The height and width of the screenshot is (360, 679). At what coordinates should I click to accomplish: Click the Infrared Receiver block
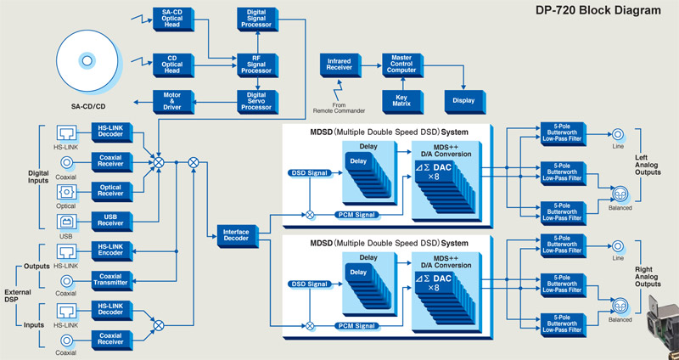click(x=339, y=63)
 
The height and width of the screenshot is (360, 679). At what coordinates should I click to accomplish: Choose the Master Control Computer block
click(x=401, y=63)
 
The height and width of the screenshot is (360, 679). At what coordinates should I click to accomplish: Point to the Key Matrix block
click(x=401, y=101)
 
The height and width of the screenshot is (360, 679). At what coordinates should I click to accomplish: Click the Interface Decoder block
click(x=235, y=234)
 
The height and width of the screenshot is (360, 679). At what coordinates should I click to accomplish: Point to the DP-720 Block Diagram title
click(x=608, y=11)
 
